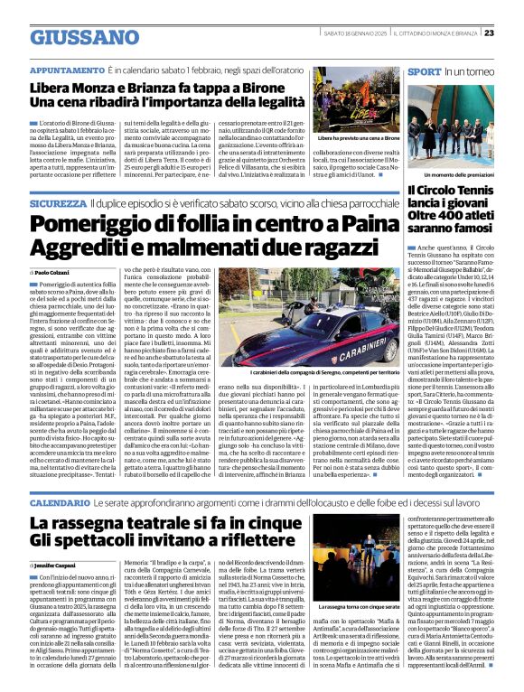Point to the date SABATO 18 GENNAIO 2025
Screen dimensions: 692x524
(x=352, y=33)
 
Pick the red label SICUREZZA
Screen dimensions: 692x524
(x=58, y=205)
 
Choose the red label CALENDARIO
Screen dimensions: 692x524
(x=60, y=500)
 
